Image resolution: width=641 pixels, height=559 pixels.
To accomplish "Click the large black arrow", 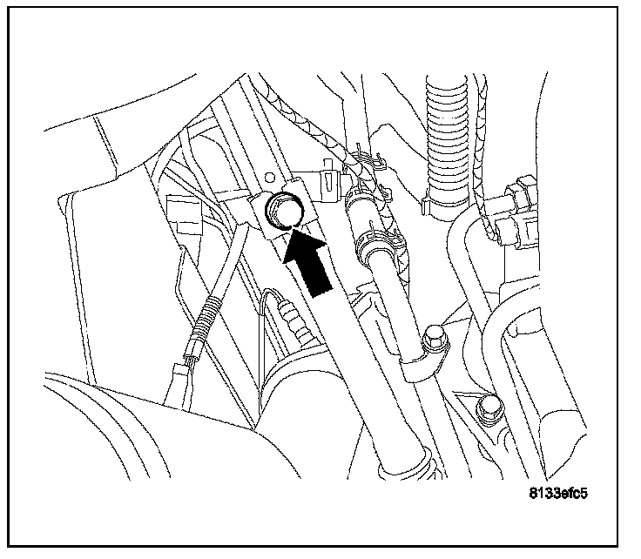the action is pos(307,262).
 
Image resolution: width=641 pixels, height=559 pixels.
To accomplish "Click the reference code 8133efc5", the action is pos(558,494).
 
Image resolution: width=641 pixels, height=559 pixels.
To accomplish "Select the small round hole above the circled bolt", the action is pos(269,178).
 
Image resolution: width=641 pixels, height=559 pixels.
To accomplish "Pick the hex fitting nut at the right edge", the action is pos(520,192).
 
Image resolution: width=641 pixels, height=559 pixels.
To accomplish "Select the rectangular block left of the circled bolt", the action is pos(183,214).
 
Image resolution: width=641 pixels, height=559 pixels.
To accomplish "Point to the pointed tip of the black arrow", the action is pos(292,230).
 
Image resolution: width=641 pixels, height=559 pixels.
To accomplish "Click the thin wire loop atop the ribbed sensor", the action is pos(271,300).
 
